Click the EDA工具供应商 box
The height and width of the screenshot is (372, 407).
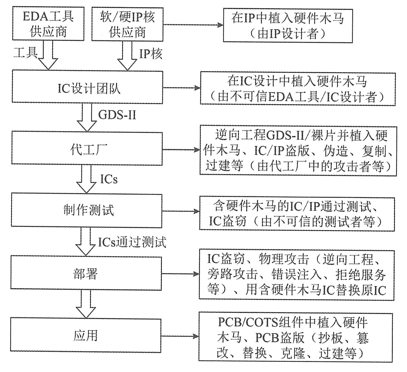(x=48, y=25)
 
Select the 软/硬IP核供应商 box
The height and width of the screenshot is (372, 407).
(x=127, y=25)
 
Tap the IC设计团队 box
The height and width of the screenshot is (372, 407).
(x=87, y=87)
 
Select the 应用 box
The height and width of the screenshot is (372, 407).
(x=86, y=335)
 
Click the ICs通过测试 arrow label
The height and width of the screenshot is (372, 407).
(x=132, y=242)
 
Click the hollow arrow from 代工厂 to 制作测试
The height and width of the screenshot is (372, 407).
(x=86, y=179)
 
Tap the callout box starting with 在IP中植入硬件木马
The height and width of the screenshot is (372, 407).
(x=288, y=25)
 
